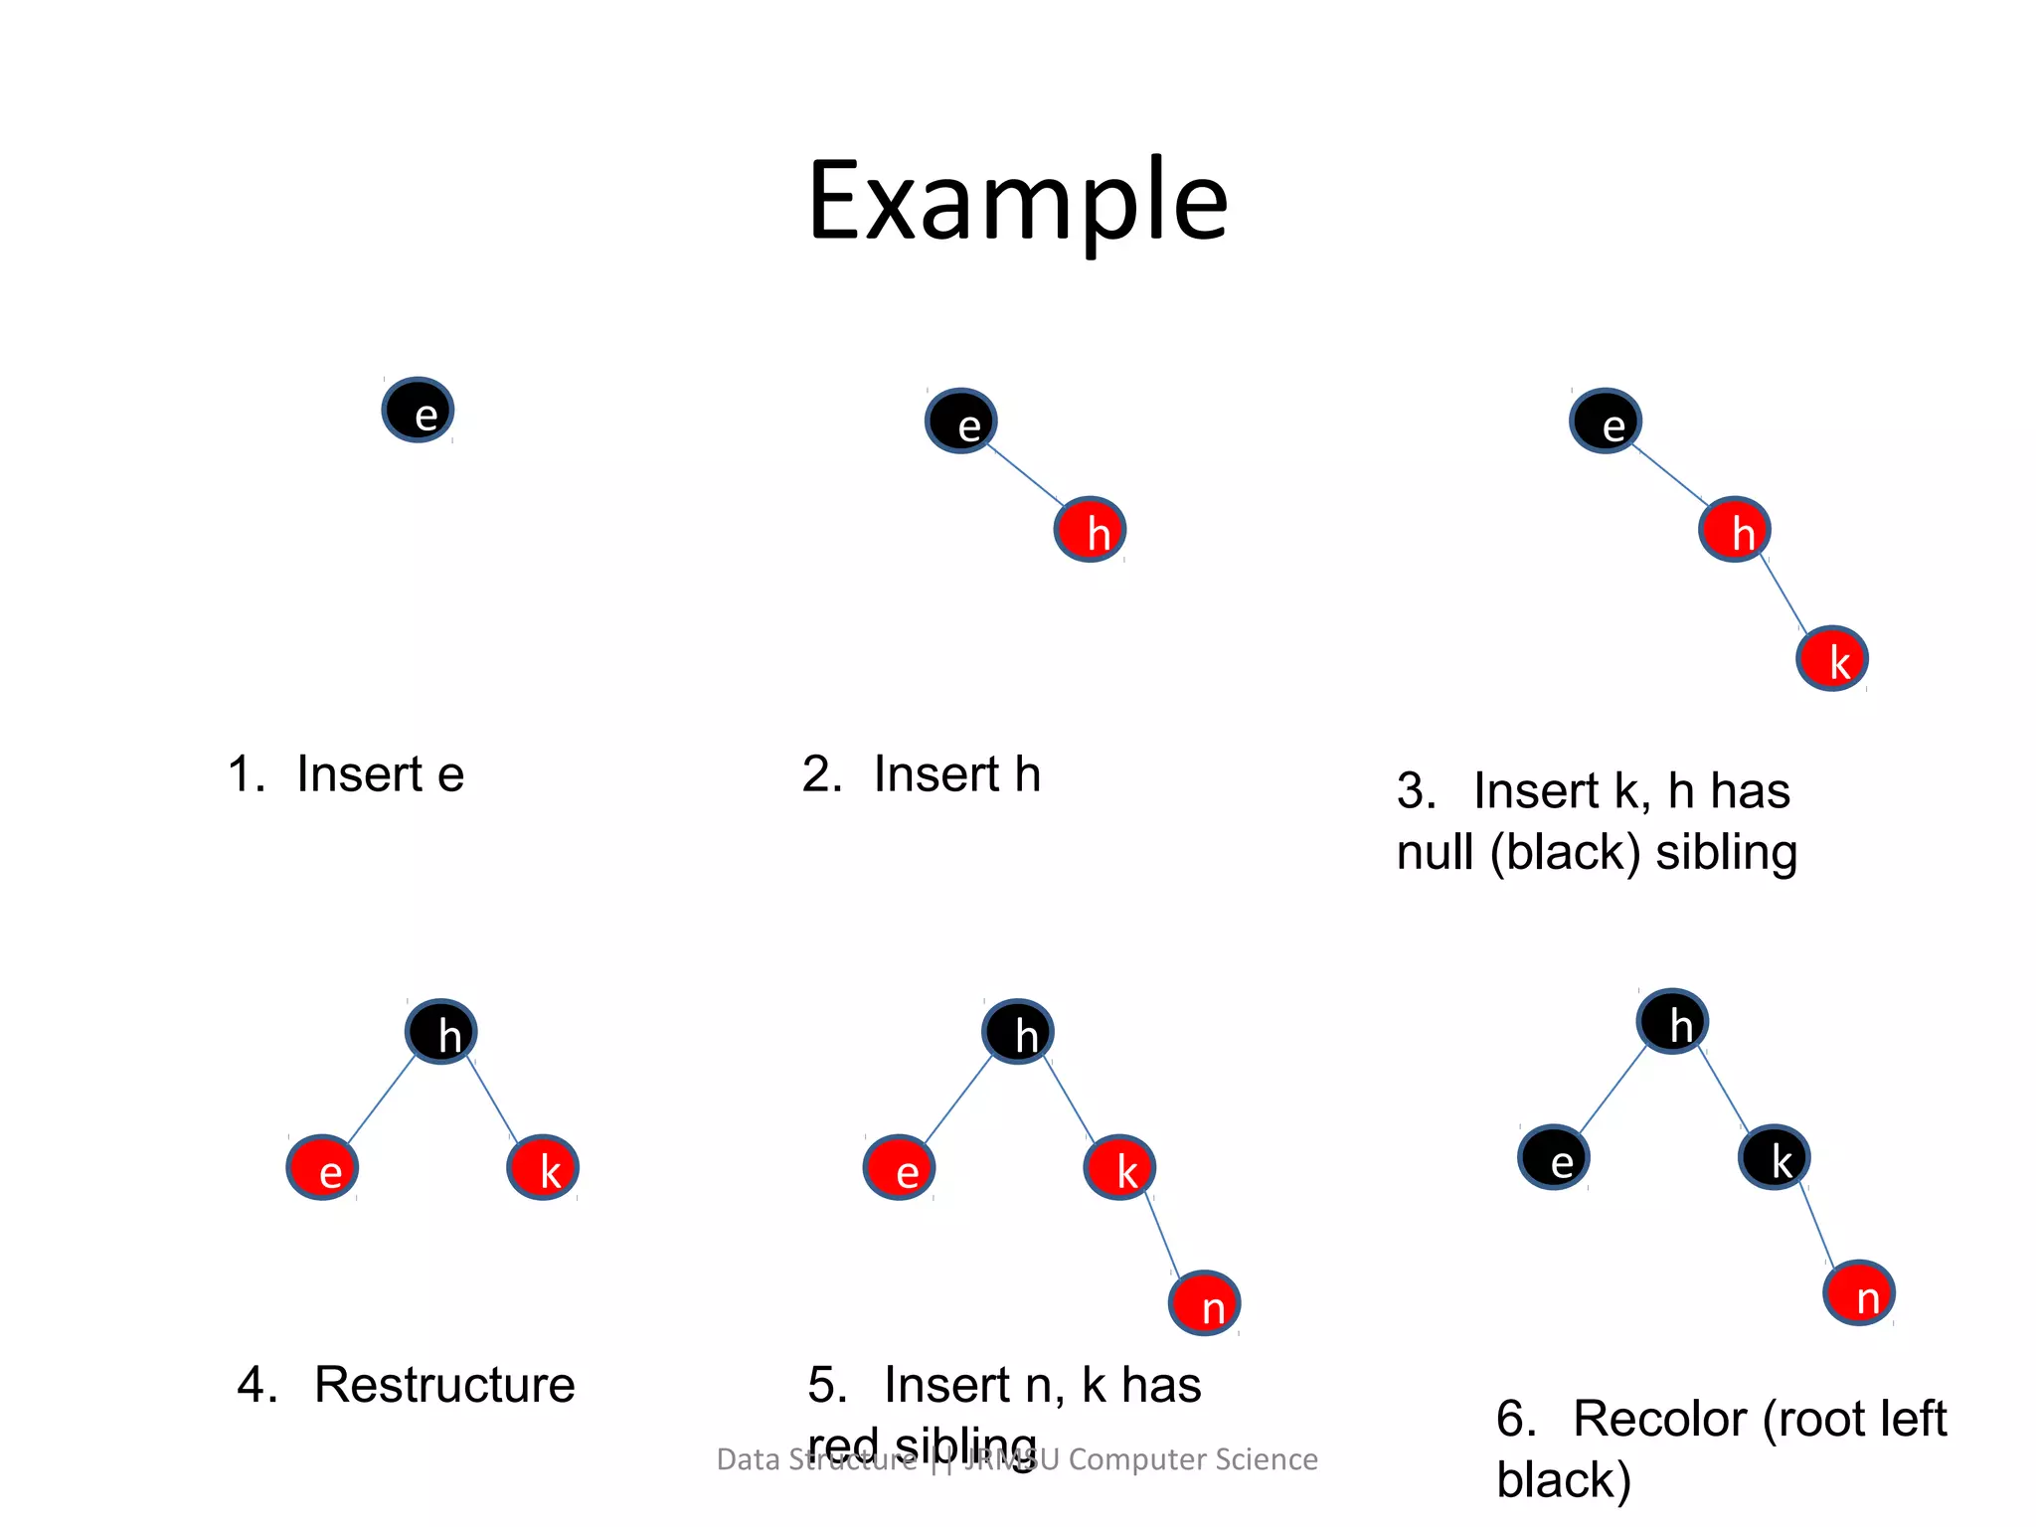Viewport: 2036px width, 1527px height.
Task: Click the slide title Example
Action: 1017,202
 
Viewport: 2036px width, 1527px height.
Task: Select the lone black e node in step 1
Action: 419,411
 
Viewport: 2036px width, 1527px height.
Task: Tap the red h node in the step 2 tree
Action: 1091,530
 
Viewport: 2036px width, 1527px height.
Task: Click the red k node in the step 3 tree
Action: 1832,658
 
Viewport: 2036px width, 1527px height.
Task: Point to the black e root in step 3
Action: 1606,422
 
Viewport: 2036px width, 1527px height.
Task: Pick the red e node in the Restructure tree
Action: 322,1168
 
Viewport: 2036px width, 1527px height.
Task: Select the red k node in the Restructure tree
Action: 543,1168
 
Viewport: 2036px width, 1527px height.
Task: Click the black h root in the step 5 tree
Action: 1018,1032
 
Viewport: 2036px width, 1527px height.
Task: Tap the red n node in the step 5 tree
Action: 1204,1303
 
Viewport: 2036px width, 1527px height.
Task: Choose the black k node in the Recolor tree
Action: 1775,1157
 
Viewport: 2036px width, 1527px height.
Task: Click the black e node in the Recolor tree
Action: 1554,1157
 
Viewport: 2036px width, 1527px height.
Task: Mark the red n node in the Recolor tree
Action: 1859,1293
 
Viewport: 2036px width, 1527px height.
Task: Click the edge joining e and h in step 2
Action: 1026,475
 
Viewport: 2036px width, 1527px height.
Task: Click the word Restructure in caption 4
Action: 444,1385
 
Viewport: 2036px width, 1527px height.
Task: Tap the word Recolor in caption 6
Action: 1659,1419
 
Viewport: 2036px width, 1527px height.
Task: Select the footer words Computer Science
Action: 1193,1459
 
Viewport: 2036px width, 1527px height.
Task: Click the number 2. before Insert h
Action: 822,774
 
